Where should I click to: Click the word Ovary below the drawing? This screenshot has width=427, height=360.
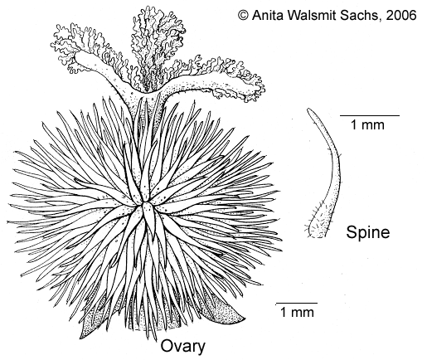tap(183, 347)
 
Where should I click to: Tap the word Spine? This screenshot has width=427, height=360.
tap(368, 232)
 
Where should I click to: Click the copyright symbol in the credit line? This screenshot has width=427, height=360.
tap(243, 15)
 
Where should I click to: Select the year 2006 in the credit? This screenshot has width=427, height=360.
tap(401, 15)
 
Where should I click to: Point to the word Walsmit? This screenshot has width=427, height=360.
tap(311, 15)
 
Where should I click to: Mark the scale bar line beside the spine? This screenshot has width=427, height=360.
tap(370, 115)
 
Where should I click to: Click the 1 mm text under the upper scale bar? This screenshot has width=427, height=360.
tap(367, 124)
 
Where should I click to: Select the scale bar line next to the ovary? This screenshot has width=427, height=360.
tap(297, 303)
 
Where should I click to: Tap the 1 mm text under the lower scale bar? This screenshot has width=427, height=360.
tap(297, 312)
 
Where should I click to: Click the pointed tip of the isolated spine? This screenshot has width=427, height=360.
tap(308, 109)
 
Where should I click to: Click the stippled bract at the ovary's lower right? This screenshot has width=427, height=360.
tap(224, 309)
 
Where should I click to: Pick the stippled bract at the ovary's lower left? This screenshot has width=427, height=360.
tap(91, 322)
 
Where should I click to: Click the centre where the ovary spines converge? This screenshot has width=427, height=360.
tap(144, 205)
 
